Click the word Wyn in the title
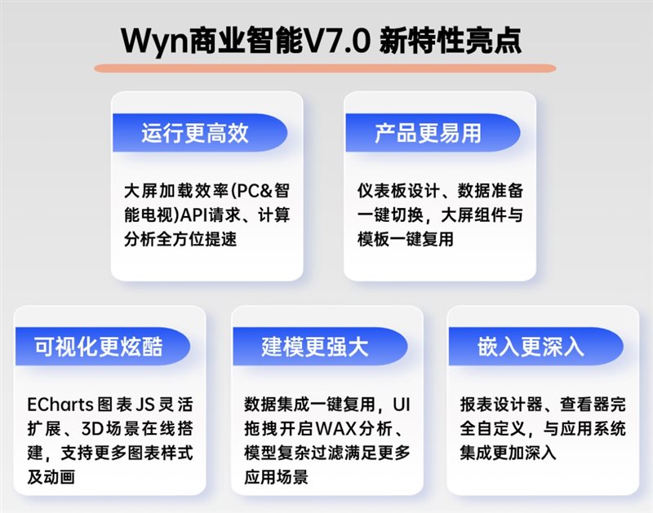pyautogui.click(x=154, y=42)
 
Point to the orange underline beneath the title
pyautogui.click(x=325, y=69)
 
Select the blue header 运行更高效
pyautogui.click(x=200, y=133)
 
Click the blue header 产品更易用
pyautogui.click(x=433, y=133)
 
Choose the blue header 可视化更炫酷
pyautogui.click(x=103, y=346)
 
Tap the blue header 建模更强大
pyautogui.click(x=320, y=346)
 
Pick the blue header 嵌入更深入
pyautogui.click(x=535, y=346)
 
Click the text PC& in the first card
pyautogui.click(x=255, y=191)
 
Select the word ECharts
pyautogui.click(x=60, y=405)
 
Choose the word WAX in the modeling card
pyautogui.click(x=336, y=428)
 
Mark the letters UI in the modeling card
pyautogui.click(x=402, y=405)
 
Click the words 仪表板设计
pyautogui.click(x=398, y=191)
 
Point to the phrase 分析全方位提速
pyautogui.click(x=180, y=239)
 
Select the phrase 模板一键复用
pyautogui.click(x=405, y=239)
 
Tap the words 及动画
pyautogui.click(x=51, y=477)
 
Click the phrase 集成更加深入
pyautogui.click(x=508, y=453)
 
